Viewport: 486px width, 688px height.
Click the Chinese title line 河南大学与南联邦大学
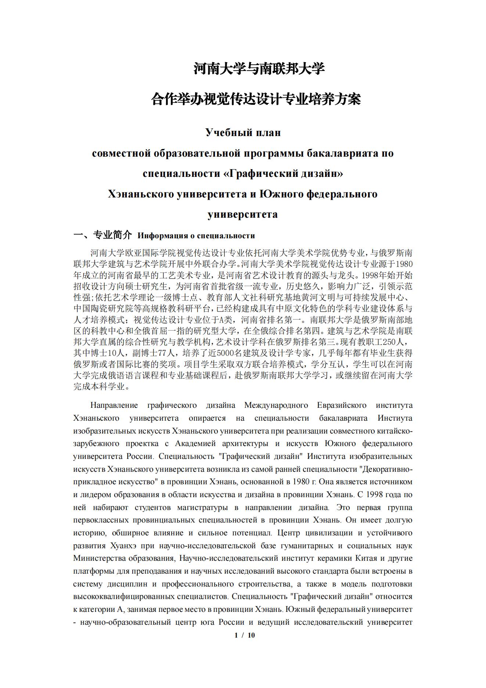[259, 69]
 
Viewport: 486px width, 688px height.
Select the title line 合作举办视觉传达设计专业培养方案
[256, 99]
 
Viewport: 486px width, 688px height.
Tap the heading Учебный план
[243, 132]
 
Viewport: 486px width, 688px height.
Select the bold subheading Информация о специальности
[196, 236]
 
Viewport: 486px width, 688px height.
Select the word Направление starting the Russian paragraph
[114, 405]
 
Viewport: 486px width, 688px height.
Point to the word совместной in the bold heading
[122, 153]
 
